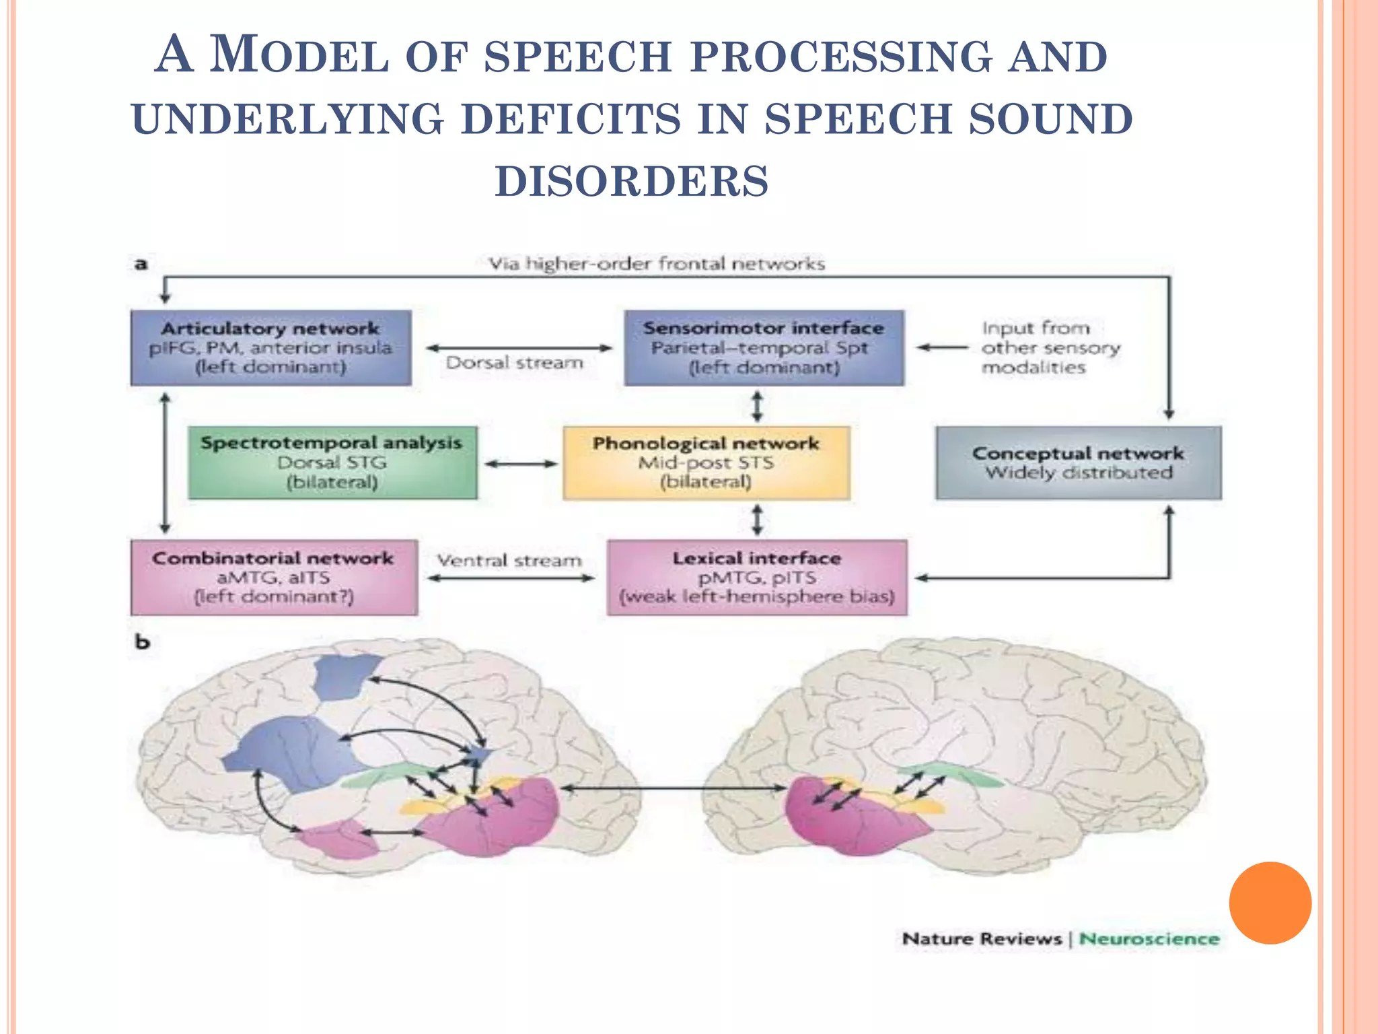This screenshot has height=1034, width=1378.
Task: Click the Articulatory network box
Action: (270, 347)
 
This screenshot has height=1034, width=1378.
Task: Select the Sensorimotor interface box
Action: (764, 347)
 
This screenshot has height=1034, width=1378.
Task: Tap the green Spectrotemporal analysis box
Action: (332, 462)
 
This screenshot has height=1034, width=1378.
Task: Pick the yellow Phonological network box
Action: (706, 462)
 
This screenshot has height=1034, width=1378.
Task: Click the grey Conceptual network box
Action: (1078, 462)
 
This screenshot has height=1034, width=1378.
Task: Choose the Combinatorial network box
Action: (273, 578)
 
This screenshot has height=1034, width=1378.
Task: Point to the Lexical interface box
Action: (757, 578)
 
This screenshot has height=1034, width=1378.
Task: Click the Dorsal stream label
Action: (515, 363)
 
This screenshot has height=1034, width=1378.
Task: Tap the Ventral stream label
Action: (509, 561)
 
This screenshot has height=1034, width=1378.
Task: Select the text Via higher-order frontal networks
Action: (657, 264)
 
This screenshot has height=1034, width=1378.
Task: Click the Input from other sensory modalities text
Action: (1050, 347)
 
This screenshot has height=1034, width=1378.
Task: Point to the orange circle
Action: (1270, 903)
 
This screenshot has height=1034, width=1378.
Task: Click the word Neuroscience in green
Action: (1149, 938)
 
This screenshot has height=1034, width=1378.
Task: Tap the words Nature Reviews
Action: (982, 938)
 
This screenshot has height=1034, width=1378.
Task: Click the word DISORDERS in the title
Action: (632, 182)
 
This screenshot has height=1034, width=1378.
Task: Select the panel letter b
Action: (142, 642)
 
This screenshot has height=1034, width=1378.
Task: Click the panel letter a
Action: (141, 264)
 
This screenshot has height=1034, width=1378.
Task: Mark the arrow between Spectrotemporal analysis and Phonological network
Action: (521, 463)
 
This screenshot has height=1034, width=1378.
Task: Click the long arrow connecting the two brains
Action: (673, 787)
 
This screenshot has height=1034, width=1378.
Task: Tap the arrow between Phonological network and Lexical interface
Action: (758, 520)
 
